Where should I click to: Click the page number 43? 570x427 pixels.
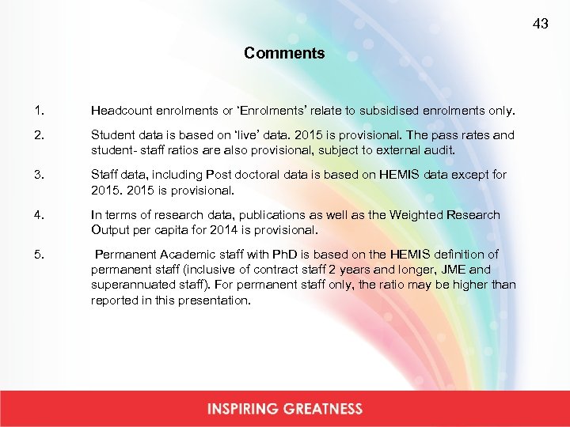pos(541,24)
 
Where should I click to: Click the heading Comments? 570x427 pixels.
pos(284,54)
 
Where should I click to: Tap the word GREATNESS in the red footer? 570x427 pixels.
pos(325,409)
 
